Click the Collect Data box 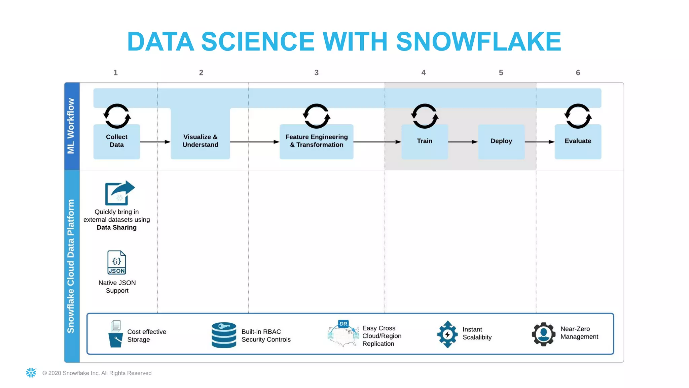point(116,141)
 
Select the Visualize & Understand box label point(200,141)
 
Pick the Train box point(425,141)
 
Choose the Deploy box point(501,141)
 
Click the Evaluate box point(578,141)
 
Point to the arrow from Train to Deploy point(463,142)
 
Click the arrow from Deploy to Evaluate point(540,142)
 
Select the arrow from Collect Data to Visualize point(155,142)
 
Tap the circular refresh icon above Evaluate point(578,116)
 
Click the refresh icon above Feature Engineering point(316,116)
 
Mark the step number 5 point(501,73)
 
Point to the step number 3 point(316,73)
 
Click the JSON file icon point(117,262)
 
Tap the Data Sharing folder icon point(119,193)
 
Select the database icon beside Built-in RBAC point(224,335)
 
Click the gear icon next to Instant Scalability point(447,334)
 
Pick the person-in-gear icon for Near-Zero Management point(543,334)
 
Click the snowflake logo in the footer point(31,373)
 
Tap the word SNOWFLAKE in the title point(478,42)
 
